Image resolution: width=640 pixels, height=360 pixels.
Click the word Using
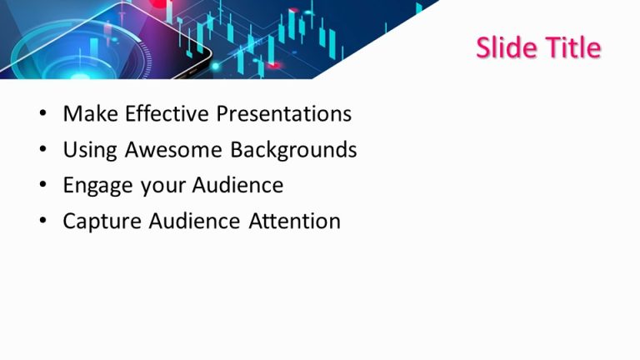(90, 150)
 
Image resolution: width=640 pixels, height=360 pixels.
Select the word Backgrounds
(293, 150)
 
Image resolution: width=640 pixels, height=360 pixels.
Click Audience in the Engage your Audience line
(238, 185)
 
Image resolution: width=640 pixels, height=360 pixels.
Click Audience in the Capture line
(195, 222)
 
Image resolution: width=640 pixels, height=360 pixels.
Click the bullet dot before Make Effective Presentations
(43, 115)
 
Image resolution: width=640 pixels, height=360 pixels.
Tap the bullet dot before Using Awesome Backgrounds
(43, 151)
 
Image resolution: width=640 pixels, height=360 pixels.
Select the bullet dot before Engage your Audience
(43, 186)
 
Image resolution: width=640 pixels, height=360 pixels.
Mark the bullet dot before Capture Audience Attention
(43, 222)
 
